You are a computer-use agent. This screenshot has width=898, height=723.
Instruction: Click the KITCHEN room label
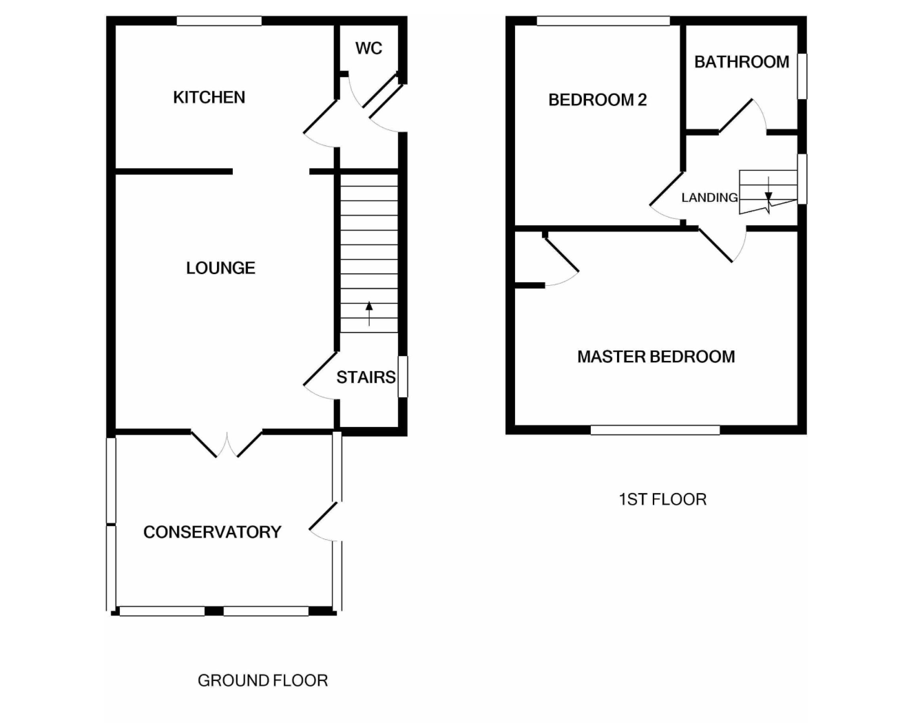[209, 97]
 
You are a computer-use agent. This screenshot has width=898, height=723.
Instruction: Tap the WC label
[369, 48]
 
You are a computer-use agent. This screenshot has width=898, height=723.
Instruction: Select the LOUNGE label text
[221, 268]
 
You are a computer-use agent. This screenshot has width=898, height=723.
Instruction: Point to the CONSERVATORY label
[212, 532]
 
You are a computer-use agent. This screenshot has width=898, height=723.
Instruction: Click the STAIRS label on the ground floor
[366, 377]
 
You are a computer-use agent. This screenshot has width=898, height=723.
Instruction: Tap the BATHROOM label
[742, 62]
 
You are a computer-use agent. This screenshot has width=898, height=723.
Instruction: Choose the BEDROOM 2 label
[598, 100]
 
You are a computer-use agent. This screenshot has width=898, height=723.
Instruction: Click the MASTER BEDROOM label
[656, 357]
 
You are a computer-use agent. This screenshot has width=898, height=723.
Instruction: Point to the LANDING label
[709, 198]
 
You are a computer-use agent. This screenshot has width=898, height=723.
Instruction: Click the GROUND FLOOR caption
[263, 680]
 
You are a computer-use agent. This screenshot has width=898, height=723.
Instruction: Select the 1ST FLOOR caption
[662, 499]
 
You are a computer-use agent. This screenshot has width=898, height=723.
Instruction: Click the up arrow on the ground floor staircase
[369, 314]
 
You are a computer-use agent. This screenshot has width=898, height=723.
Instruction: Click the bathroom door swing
[743, 116]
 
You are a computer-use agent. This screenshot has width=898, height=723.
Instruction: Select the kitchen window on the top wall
[219, 21]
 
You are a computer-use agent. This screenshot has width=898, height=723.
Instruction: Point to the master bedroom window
[655, 430]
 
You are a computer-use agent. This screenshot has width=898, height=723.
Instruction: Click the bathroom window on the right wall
[802, 76]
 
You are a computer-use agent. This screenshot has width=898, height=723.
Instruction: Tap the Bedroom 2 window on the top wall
[603, 21]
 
